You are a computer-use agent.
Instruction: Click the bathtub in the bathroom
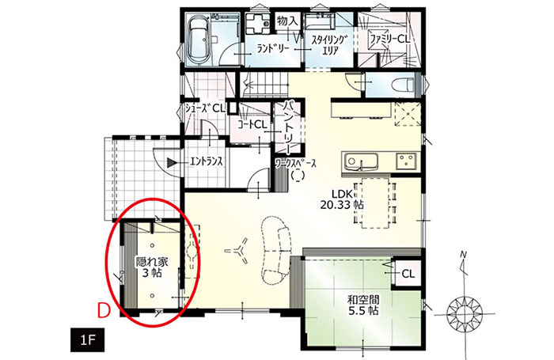coord(199,40)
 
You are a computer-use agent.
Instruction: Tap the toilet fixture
coord(404,85)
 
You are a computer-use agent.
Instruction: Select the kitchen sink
coord(360,162)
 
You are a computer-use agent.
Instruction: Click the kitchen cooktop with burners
coord(406,161)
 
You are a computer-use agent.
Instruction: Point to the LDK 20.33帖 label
coord(342,199)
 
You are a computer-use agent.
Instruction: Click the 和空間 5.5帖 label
coord(363,305)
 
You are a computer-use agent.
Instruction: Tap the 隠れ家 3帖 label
coord(152,267)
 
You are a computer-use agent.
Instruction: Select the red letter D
coord(104,311)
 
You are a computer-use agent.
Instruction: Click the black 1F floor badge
coord(87,340)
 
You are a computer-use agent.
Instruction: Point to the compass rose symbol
coord(464,314)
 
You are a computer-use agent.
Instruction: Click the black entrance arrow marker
coord(172,162)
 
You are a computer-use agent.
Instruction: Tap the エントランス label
coord(207,162)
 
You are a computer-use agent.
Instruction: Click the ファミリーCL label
coord(389,39)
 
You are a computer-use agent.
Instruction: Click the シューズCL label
coord(205,109)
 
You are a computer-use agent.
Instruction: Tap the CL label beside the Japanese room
coord(408,274)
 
